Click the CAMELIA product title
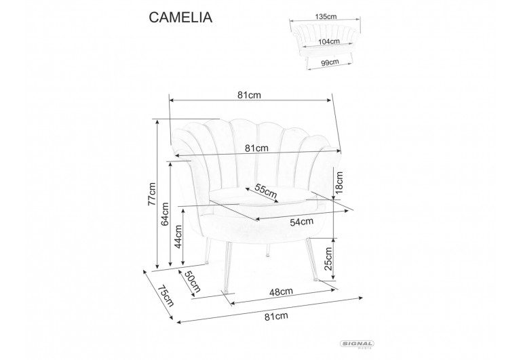pyautogui.click(x=180, y=18)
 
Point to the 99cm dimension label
pyautogui.click(x=330, y=62)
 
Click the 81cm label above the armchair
pyautogui.click(x=250, y=95)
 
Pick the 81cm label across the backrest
pyautogui.click(x=257, y=148)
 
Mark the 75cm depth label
pyautogui.click(x=163, y=296)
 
